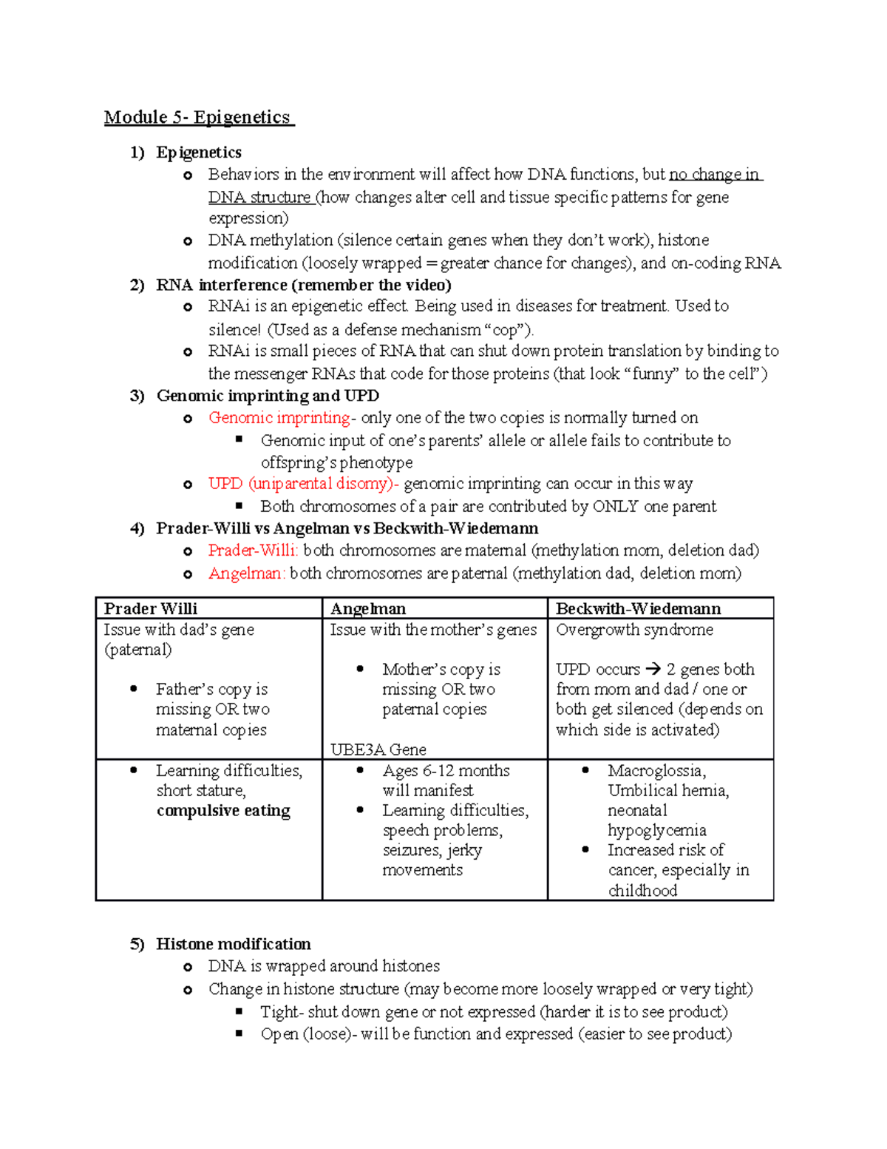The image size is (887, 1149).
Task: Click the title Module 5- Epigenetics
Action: [x=198, y=118]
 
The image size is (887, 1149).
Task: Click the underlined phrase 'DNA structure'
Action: [x=259, y=198]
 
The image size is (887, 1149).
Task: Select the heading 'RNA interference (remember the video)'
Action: [x=303, y=285]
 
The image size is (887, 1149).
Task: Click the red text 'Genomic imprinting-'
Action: [x=282, y=417]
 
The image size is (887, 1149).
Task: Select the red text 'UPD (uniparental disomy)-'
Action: [x=303, y=484]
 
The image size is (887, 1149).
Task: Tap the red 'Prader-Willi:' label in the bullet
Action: [x=253, y=550]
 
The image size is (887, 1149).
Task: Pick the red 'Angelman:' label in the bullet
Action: [x=246, y=573]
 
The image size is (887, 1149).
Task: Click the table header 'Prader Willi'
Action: [x=151, y=608]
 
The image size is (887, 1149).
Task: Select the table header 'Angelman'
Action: [x=368, y=608]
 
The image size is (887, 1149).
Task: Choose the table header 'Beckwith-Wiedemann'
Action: [x=638, y=608]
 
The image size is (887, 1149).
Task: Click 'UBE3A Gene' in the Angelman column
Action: [x=378, y=749]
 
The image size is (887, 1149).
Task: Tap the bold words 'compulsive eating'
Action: [x=223, y=811]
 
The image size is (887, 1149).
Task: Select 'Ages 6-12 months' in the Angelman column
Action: [x=446, y=771]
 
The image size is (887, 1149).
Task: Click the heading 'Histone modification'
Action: [x=233, y=944]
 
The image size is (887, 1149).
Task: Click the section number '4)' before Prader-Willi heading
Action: [x=137, y=529]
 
